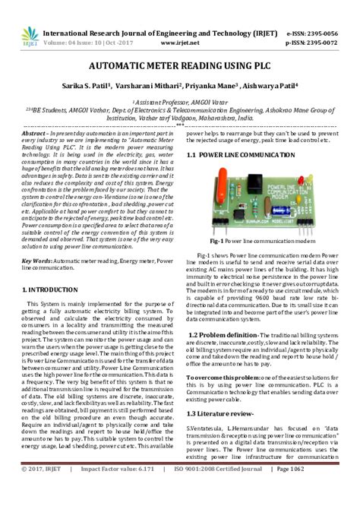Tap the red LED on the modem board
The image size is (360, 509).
pos(304,179)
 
